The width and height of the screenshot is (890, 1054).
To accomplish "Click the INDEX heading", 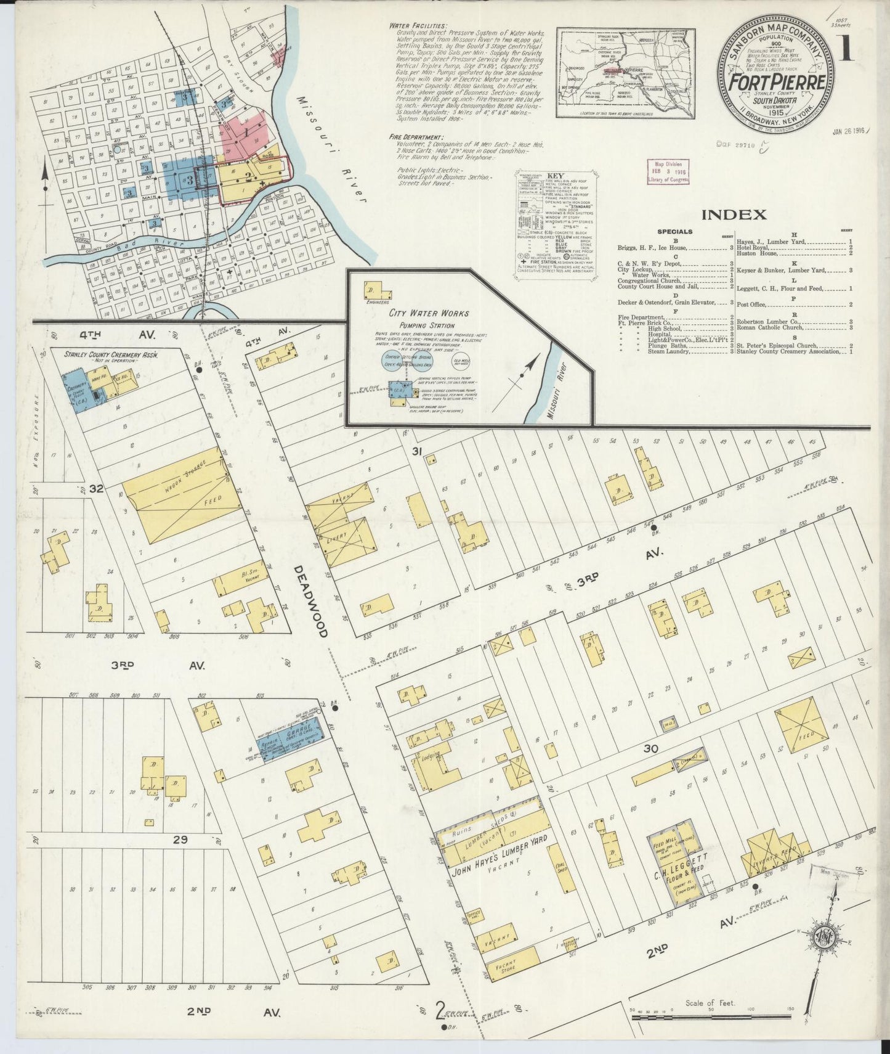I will point(734,214).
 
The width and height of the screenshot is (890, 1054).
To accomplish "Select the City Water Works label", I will point(426,314).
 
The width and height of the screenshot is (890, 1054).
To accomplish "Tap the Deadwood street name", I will point(311,601).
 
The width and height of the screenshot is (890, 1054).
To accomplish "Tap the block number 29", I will point(179,840).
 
